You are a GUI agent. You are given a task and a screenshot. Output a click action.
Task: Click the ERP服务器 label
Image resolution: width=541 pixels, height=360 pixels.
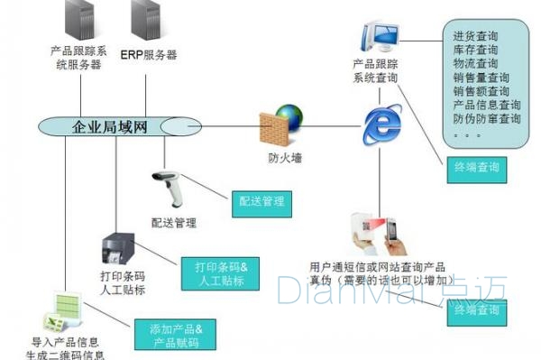[x=147, y=54]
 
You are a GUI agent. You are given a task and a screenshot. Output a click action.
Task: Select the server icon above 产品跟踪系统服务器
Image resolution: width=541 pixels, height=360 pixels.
[x=77, y=21]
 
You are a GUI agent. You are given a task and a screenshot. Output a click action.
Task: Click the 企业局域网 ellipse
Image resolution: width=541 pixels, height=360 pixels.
[x=108, y=127]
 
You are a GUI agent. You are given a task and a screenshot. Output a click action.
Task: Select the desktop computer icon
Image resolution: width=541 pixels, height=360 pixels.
[x=377, y=37]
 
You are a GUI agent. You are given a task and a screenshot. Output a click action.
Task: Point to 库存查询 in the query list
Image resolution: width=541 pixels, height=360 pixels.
[x=475, y=51]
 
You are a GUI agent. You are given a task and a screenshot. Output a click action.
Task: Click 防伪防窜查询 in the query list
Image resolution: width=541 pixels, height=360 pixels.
[x=488, y=118]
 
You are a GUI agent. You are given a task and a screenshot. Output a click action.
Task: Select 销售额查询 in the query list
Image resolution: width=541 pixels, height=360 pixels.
[x=481, y=91]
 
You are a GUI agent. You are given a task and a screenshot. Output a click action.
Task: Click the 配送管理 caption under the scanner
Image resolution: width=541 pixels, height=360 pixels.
[x=173, y=223]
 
